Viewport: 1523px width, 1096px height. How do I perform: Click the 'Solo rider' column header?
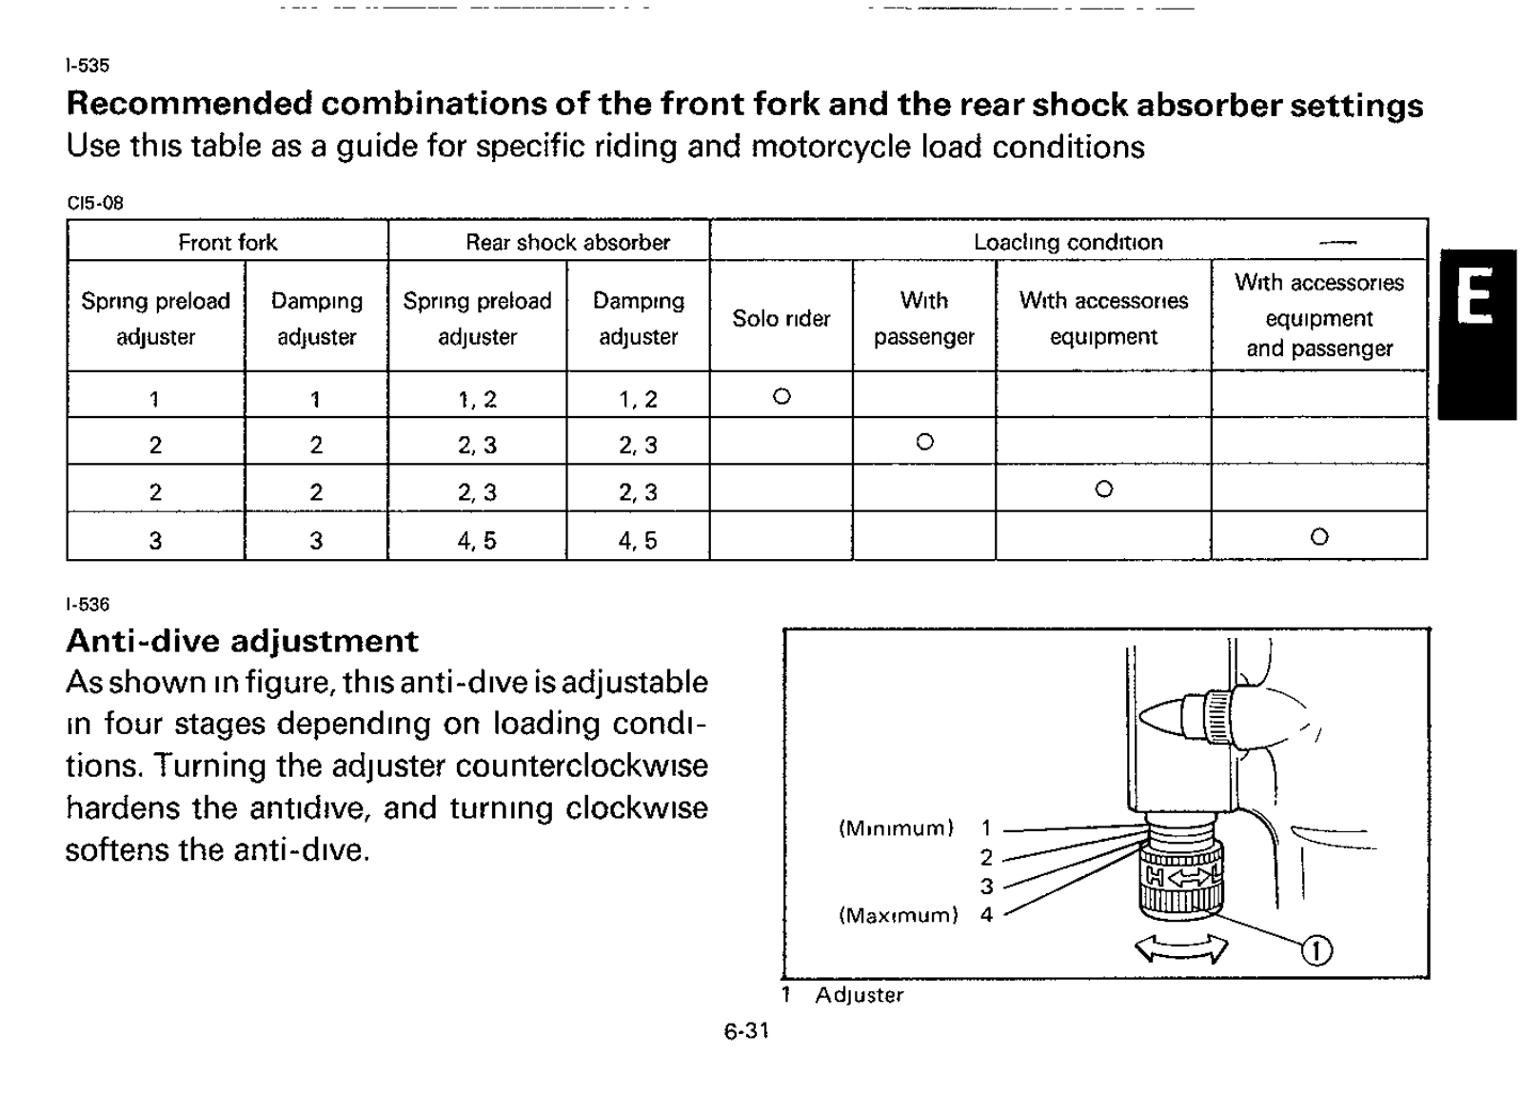click(x=781, y=318)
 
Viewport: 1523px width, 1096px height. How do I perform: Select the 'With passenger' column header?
click(x=923, y=318)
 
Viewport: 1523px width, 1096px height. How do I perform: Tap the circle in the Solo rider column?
click(x=781, y=396)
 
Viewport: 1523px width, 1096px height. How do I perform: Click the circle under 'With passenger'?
click(x=924, y=442)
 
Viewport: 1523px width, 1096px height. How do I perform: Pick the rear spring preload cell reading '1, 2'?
click(x=477, y=399)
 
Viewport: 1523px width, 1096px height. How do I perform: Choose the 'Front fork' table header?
click(x=227, y=242)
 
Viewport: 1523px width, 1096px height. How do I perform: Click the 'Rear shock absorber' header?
click(x=567, y=242)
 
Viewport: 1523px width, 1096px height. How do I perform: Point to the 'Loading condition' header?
click(x=1068, y=242)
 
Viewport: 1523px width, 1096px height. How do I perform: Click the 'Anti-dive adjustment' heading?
click(x=242, y=641)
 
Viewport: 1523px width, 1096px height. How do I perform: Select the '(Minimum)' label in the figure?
click(x=896, y=828)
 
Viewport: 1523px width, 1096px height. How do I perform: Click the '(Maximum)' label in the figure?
click(x=898, y=915)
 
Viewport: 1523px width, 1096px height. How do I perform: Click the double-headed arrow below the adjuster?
click(x=1181, y=947)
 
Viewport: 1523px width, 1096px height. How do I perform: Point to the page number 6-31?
click(x=746, y=1030)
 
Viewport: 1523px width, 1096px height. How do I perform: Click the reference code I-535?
click(x=88, y=66)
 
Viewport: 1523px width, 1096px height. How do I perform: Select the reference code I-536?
click(x=88, y=605)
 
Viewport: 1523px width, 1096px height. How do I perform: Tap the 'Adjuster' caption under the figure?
click(x=859, y=995)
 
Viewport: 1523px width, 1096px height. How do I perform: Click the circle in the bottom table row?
click(x=1318, y=537)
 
